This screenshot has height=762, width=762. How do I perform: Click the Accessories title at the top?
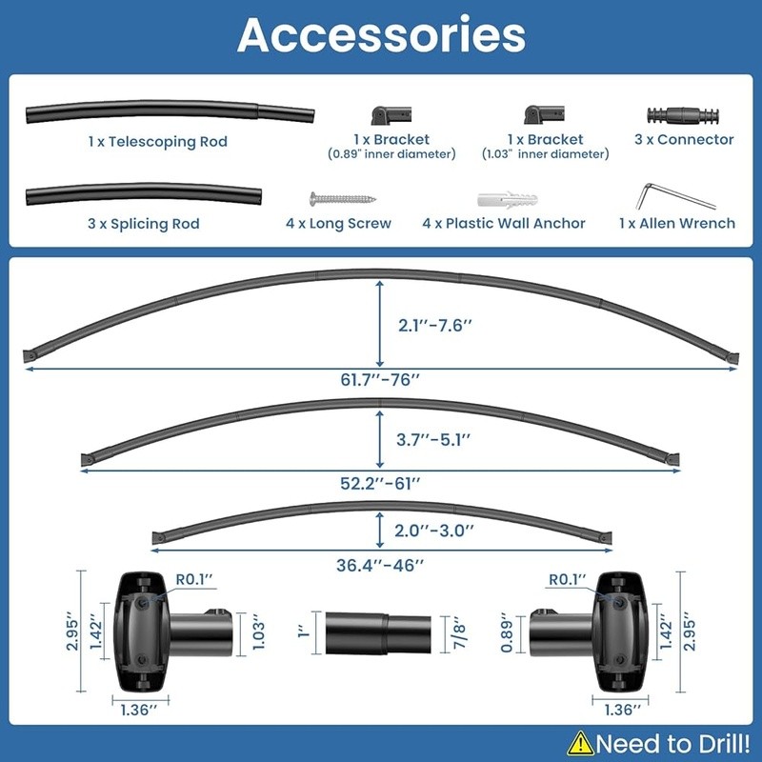(381, 35)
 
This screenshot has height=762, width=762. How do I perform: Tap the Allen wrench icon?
(675, 195)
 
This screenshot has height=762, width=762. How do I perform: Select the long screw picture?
(342, 199)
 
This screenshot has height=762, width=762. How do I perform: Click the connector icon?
(682, 115)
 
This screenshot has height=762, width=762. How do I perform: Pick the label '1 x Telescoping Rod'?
(157, 142)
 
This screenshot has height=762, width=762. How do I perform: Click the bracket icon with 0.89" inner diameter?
(391, 116)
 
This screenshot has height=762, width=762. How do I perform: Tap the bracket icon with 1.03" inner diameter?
(545, 116)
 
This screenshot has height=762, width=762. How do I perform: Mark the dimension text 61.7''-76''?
(380, 380)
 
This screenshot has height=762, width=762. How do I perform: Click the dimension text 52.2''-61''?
(380, 481)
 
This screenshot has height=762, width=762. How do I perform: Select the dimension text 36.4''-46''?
(380, 564)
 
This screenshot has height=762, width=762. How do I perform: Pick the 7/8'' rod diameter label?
(459, 632)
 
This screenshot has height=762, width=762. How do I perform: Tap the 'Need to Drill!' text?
(670, 743)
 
